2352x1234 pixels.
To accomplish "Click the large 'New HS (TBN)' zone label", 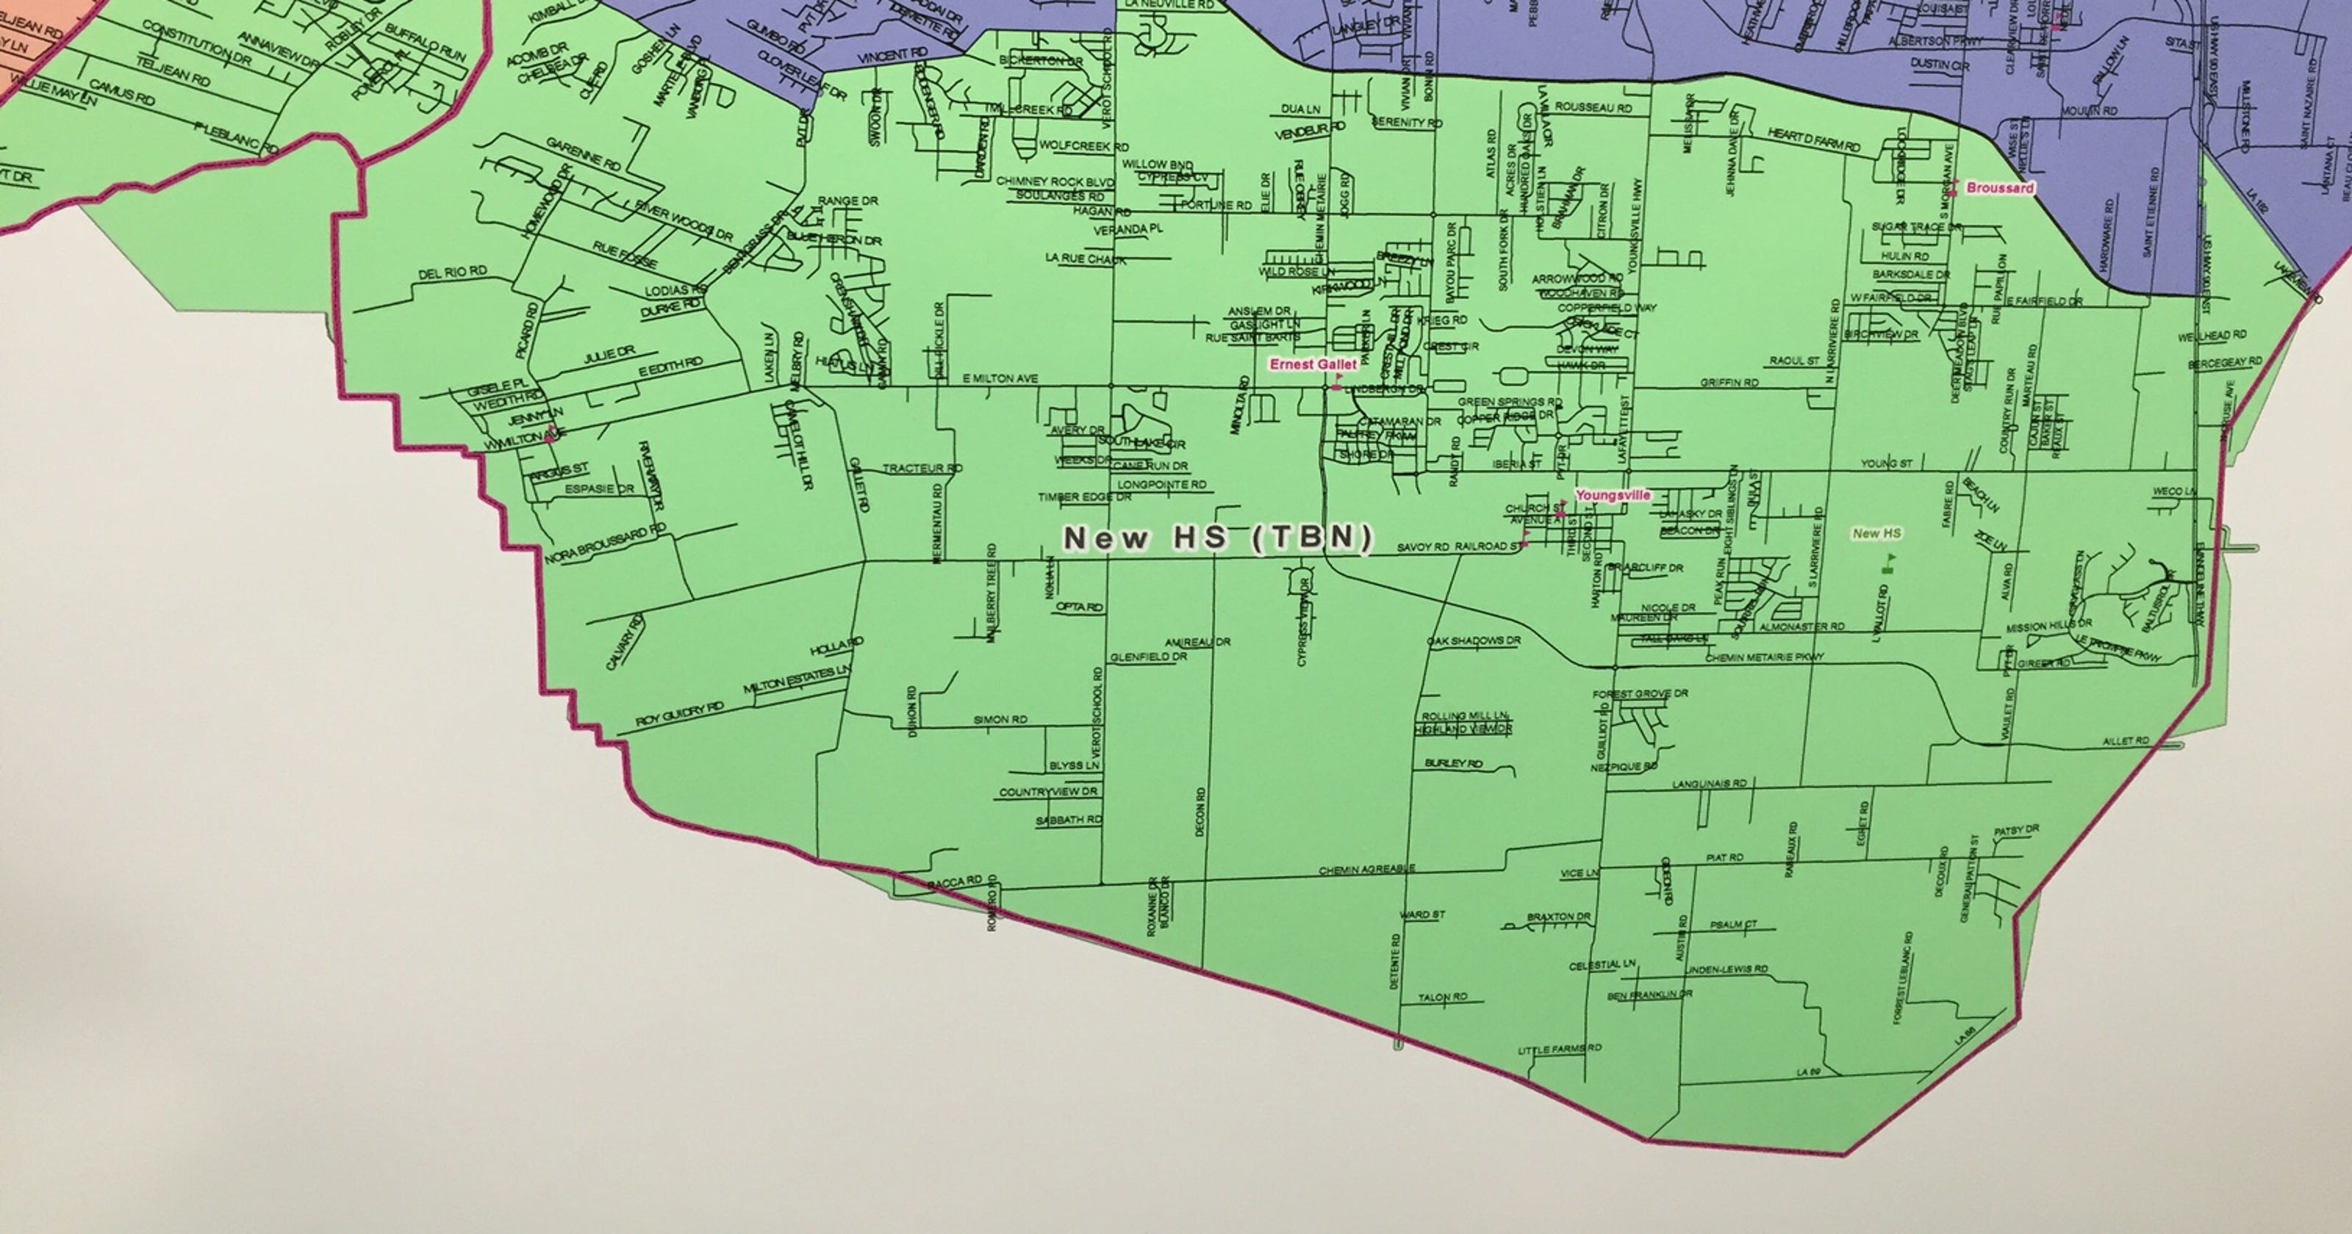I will (x=1218, y=538).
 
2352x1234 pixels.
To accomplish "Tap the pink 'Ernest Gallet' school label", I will (x=1313, y=364).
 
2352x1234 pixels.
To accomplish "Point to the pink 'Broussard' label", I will (x=1999, y=188).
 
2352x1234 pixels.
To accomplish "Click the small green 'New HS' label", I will (x=1876, y=533).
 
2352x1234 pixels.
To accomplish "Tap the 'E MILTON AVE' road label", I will (x=1000, y=378).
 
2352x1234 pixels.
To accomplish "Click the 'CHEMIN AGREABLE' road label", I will (x=1367, y=870).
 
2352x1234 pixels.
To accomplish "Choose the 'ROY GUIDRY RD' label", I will (x=680, y=715).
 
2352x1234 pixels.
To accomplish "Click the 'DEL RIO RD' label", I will (x=452, y=273).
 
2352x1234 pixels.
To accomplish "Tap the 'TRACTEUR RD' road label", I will (x=922, y=468).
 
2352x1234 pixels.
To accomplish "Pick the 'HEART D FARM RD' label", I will (x=1813, y=140).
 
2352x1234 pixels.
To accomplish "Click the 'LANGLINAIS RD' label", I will (x=1709, y=784).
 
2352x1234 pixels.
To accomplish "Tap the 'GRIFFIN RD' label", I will (x=1729, y=383).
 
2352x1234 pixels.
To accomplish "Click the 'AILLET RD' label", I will (x=2126, y=741).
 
